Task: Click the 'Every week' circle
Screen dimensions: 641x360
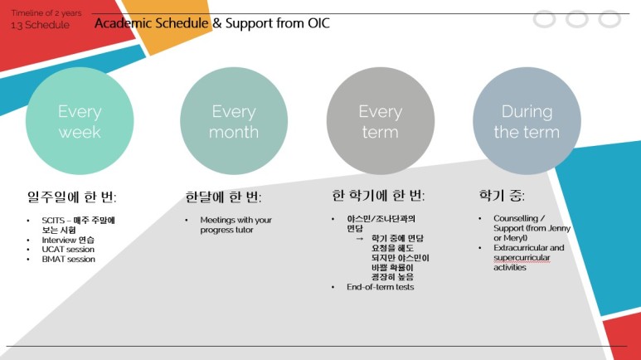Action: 80,121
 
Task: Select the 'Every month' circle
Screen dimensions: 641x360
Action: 234,121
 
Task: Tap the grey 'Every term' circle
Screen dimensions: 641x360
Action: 380,121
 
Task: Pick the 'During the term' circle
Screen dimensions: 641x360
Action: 527,121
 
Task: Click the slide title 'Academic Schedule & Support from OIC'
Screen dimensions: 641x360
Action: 211,23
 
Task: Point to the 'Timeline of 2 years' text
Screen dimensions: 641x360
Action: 46,13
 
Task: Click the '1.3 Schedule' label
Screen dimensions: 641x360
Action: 40,25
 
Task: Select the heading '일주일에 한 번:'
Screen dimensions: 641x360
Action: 71,197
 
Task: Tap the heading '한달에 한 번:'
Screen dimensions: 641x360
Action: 223,197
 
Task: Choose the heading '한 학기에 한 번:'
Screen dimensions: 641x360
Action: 378,196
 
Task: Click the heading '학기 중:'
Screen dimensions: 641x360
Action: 502,196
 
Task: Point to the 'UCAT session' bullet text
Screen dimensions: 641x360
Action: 68,250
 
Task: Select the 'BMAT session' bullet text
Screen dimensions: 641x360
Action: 68,260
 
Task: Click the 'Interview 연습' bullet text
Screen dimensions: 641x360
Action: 68,240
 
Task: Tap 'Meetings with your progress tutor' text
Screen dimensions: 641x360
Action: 236,225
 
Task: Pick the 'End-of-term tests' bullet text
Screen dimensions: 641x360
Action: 380,287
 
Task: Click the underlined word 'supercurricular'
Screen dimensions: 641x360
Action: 522,258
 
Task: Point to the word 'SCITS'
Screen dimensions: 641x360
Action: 53,221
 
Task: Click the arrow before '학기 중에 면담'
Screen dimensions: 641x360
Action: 359,239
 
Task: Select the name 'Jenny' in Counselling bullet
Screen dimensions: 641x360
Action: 559,228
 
